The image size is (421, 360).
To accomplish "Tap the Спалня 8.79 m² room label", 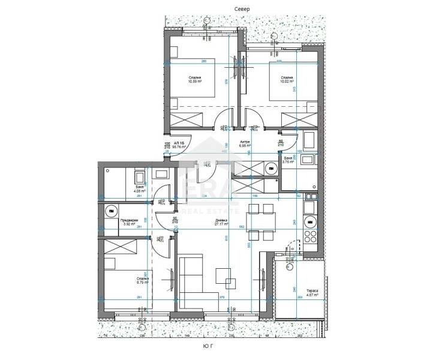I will point(143,281).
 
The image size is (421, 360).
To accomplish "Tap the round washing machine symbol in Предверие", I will point(112,212).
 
